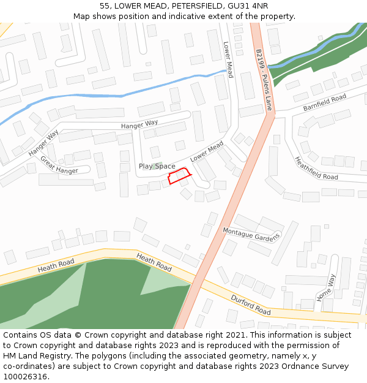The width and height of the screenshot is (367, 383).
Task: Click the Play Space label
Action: pos(157,166)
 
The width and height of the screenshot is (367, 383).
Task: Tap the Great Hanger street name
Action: pos(59,165)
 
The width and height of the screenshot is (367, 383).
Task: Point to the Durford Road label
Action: pos(250,305)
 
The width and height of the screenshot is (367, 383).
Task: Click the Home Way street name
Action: pos(326,287)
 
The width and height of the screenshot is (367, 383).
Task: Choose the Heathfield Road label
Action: pos(316,168)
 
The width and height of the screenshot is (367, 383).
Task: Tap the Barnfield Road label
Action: pos(325,102)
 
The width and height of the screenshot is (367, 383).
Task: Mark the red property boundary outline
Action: pos(179,177)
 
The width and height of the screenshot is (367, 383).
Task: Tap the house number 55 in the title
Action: pos(105,6)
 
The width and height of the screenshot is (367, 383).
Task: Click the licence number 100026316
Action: pos(26,376)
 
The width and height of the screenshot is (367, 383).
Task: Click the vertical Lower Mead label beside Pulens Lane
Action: pos(228,59)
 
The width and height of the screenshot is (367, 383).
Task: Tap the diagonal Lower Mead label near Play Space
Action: pos(207,151)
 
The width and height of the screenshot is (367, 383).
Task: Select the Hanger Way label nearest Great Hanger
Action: pos(43,143)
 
